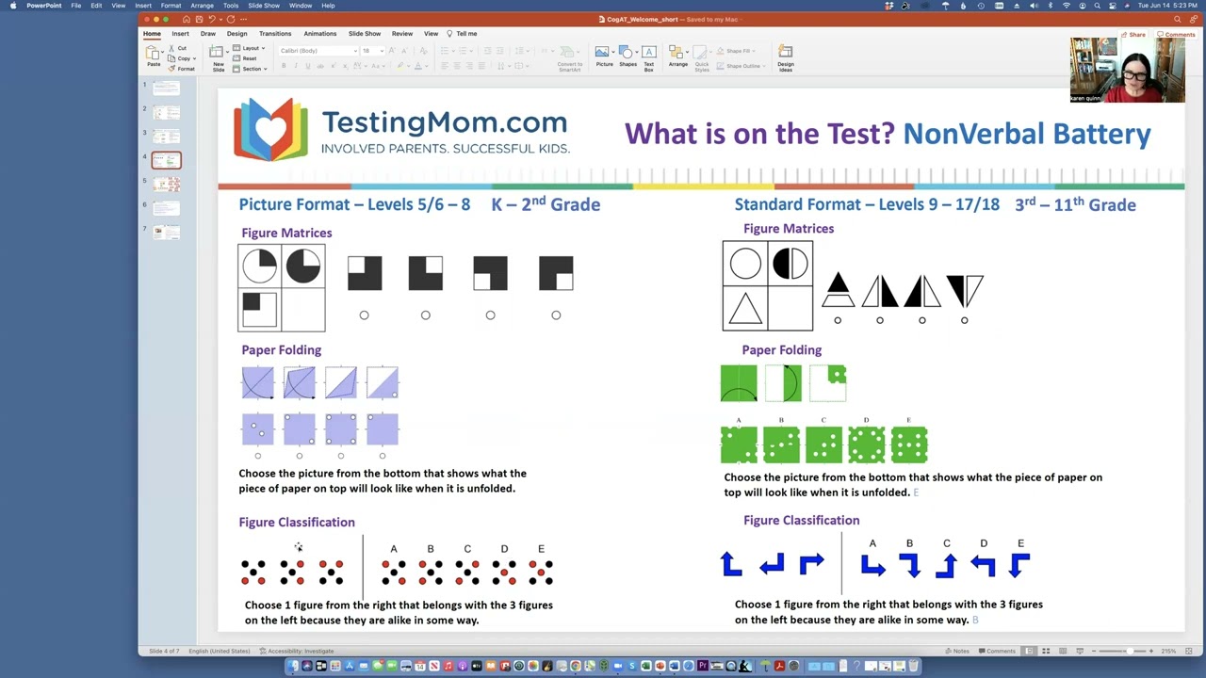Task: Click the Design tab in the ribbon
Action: coord(236,34)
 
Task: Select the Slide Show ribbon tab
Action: coord(365,34)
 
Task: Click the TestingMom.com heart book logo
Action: coord(270,129)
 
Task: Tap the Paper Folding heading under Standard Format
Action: coord(781,350)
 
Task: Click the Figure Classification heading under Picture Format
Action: coord(297,523)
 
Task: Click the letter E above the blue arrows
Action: coord(1020,543)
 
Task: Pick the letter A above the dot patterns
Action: coord(394,549)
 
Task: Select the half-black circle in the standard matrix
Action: coord(790,264)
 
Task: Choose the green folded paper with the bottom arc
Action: coord(739,383)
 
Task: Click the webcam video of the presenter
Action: coord(1127,71)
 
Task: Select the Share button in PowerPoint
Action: coord(1133,35)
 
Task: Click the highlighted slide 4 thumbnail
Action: coord(166,161)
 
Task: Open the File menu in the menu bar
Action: coord(75,6)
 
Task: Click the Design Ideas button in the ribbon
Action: coord(786,58)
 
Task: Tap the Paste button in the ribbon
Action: coord(154,56)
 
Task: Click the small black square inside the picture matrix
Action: coord(252,302)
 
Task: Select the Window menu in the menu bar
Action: coord(301,6)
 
